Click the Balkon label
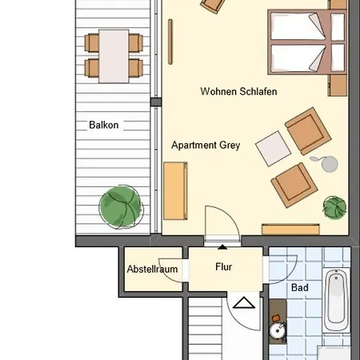tap(104, 125)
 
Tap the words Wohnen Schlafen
tap(238, 91)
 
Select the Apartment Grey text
tap(206, 145)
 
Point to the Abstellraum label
tap(152, 269)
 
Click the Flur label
tap(223, 266)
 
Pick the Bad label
tap(300, 287)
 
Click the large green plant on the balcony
tap(121, 207)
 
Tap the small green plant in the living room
tap(334, 208)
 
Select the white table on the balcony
tap(114, 56)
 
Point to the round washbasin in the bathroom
tap(278, 330)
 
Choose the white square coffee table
tap(273, 149)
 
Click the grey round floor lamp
tap(330, 164)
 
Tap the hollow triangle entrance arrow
tap(244, 302)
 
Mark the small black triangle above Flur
tap(222, 247)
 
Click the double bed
tap(307, 42)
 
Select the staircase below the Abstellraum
tap(206, 329)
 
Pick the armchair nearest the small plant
tap(294, 185)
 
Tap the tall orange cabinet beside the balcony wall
tap(175, 191)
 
